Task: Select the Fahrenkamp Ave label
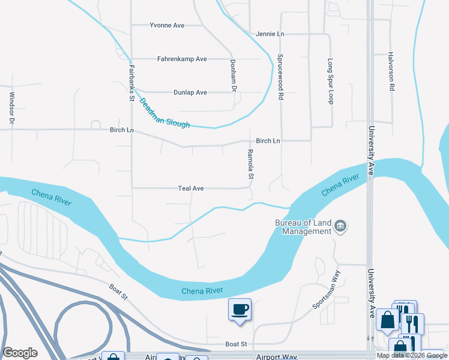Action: pyautogui.click(x=182, y=59)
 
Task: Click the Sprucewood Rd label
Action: pyautogui.click(x=280, y=77)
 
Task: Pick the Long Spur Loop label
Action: pyautogui.click(x=330, y=81)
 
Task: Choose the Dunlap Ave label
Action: pyautogui.click(x=190, y=92)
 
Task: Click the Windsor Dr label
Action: pyautogui.click(x=11, y=109)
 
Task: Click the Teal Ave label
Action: pyautogui.click(x=191, y=188)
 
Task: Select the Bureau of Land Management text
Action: pyautogui.click(x=303, y=227)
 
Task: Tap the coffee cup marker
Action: pyautogui.click(x=240, y=310)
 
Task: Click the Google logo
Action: pyautogui.click(x=20, y=353)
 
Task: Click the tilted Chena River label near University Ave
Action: pyautogui.click(x=340, y=185)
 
